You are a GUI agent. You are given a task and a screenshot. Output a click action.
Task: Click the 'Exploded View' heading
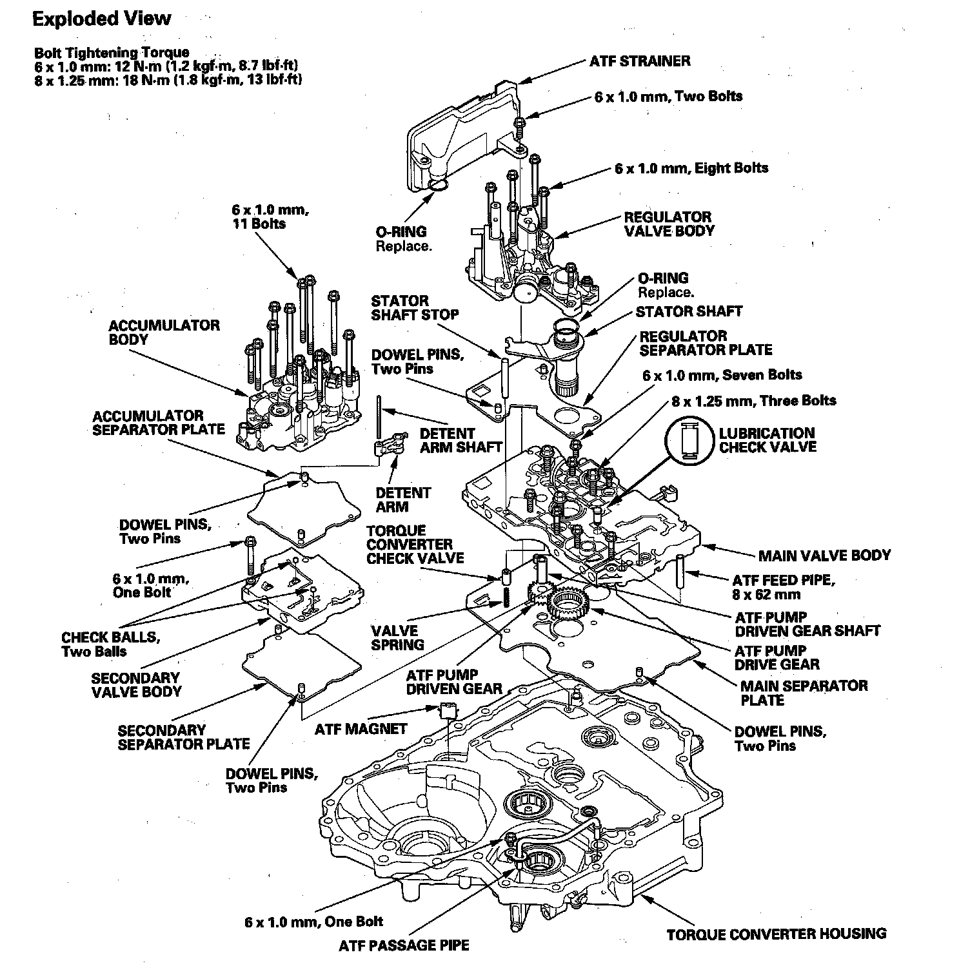(102, 19)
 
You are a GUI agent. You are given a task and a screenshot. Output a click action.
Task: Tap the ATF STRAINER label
(639, 61)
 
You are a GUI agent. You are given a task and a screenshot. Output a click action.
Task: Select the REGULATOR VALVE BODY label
(668, 224)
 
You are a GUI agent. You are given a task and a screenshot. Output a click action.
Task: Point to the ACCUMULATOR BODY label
(164, 332)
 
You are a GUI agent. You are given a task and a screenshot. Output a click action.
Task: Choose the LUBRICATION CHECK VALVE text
(767, 440)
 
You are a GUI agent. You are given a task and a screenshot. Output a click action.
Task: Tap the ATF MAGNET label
(361, 729)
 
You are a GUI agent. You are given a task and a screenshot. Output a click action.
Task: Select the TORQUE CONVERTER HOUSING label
(776, 934)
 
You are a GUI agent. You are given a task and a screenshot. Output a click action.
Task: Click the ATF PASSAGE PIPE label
(404, 945)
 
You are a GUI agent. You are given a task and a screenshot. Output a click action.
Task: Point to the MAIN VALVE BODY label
(824, 555)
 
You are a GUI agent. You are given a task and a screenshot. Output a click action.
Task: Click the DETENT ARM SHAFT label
(460, 440)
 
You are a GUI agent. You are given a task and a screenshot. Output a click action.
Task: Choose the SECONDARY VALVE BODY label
(136, 684)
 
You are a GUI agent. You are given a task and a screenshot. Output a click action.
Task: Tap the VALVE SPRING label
(397, 637)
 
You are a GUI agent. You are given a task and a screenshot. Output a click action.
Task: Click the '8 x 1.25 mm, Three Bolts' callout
(753, 401)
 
